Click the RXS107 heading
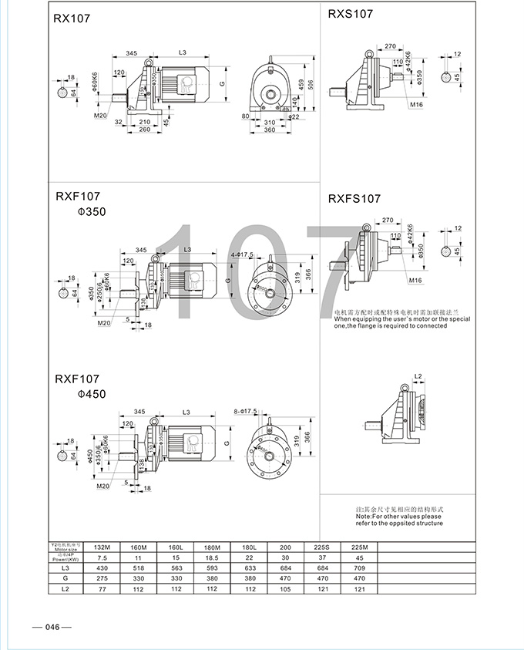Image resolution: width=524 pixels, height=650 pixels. click(x=351, y=14)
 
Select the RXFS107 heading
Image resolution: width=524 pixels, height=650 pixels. click(x=354, y=198)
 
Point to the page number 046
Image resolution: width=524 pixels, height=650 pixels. click(x=52, y=626)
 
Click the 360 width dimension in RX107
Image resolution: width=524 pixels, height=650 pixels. click(x=270, y=130)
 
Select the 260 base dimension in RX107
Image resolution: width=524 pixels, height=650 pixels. click(x=143, y=130)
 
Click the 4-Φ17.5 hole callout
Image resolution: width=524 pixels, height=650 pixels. click(x=242, y=254)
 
